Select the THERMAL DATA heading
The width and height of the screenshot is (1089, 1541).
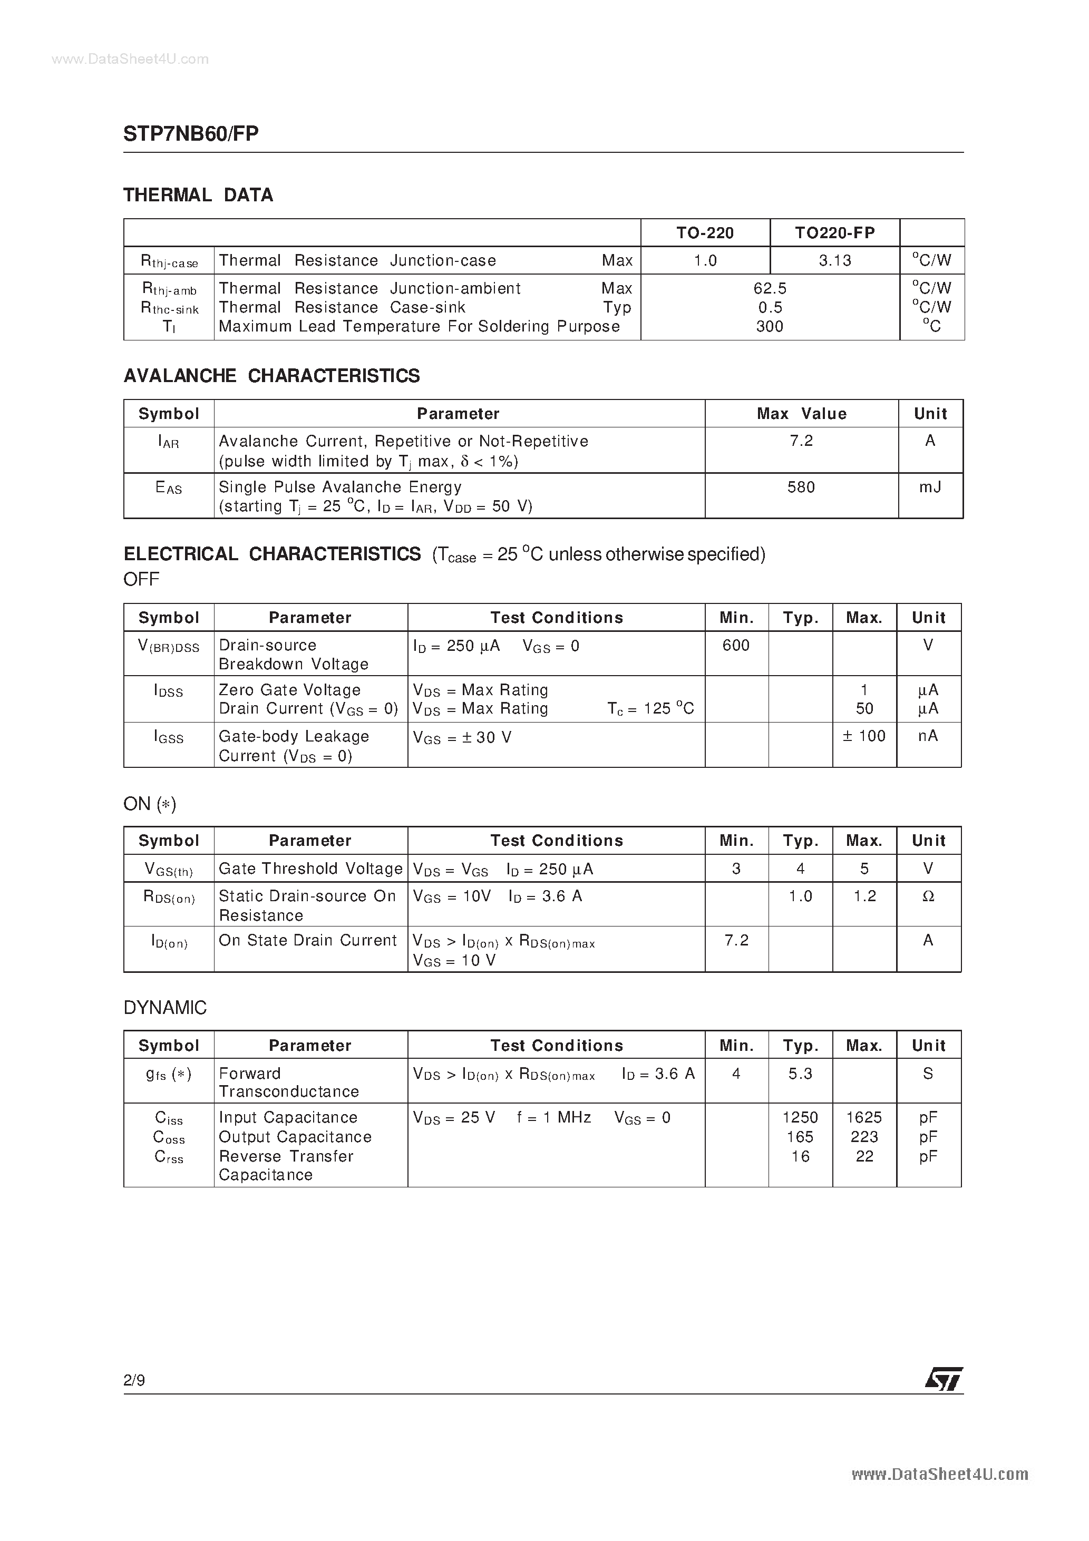click(x=198, y=196)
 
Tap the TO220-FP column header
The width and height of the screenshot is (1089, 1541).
click(x=834, y=233)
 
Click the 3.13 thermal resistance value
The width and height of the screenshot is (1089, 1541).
click(x=834, y=260)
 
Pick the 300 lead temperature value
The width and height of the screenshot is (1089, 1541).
click(x=770, y=327)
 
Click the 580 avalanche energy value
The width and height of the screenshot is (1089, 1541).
click(x=801, y=487)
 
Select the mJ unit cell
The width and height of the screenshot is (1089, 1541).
click(x=930, y=487)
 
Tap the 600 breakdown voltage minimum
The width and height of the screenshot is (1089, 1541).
click(x=736, y=646)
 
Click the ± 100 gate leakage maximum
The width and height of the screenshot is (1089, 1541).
click(x=864, y=736)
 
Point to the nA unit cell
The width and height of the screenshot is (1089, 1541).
click(x=928, y=736)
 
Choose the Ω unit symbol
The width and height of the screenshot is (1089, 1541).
click(x=928, y=896)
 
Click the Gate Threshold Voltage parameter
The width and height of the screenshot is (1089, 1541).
click(x=310, y=869)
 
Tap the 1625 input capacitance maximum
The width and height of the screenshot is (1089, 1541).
click(x=864, y=1117)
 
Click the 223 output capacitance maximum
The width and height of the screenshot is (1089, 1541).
click(x=864, y=1137)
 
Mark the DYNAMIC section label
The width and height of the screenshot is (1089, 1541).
click(x=165, y=1008)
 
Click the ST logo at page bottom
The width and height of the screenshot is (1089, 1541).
click(x=944, y=1379)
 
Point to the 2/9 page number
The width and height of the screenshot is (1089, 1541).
click(x=134, y=1380)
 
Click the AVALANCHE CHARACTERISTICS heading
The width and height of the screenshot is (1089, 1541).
click(x=271, y=376)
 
